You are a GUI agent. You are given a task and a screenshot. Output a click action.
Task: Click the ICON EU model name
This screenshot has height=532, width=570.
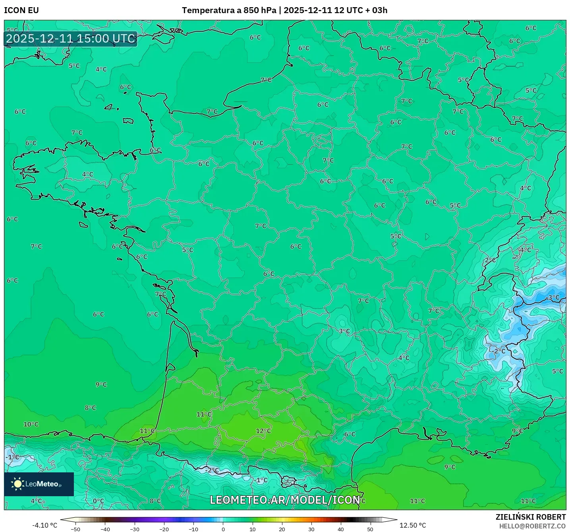21,10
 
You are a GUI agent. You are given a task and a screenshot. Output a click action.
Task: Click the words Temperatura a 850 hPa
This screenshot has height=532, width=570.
229,10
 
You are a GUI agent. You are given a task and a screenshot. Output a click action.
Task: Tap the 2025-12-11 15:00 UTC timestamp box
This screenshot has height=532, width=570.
71,39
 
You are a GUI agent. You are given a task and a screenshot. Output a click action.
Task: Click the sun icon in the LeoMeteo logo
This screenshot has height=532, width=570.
17,484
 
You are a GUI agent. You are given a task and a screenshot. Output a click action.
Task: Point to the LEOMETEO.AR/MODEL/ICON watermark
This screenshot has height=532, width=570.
285,500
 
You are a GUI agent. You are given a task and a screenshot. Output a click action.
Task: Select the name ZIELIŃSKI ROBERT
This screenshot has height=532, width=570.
530,517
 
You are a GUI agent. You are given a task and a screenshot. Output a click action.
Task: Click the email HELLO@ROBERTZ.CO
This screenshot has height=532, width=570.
532,526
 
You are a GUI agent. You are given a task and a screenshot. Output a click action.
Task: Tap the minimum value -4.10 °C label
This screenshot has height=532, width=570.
44,526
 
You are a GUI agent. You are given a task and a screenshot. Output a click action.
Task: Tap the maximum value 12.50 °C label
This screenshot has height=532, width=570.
413,526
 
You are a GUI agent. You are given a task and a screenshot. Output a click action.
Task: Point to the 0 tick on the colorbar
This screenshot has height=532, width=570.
223,529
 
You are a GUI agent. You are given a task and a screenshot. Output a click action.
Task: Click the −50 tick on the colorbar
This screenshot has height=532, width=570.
75,529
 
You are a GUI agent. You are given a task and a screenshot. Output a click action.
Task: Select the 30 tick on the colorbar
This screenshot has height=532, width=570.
311,529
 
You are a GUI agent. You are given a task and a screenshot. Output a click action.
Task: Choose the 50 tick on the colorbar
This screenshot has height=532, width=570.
370,529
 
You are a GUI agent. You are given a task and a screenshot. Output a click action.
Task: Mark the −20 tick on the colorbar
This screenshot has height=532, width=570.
164,529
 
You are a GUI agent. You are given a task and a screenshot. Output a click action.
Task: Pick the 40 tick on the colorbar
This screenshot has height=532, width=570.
340,529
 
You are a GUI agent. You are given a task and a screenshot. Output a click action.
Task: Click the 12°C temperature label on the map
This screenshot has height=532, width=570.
263,431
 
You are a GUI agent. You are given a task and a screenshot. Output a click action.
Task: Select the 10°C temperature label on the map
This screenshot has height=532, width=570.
31,424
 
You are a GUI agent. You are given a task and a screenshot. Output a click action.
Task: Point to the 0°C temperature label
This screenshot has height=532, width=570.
98,501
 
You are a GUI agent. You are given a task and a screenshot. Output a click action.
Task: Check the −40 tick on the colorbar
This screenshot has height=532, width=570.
105,529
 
